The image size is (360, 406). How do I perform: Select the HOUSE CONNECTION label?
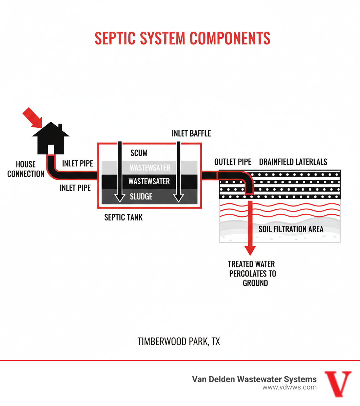coord(26,169)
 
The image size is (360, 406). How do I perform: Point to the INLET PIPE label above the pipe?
coord(77,164)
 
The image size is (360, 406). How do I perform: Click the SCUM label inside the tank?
coord(139,153)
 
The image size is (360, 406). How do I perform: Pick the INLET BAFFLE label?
coord(191,134)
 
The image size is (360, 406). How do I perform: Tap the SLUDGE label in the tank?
coord(141,196)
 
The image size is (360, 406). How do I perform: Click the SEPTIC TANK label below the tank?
coord(123,217)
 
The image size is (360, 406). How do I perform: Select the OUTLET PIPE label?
coord(233,162)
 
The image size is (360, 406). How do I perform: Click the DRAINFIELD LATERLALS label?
coord(293,162)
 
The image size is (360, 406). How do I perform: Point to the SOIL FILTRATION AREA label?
coord(291,229)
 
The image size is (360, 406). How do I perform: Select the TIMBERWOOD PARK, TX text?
coord(179,341)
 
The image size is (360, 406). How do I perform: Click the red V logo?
coord(337,383)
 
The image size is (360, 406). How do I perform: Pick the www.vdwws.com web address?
coord(289,387)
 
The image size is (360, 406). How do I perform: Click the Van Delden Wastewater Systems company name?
coord(254,379)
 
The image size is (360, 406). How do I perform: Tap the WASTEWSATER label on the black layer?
coord(149,182)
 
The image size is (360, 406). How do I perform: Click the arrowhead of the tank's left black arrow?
coord(120,198)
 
